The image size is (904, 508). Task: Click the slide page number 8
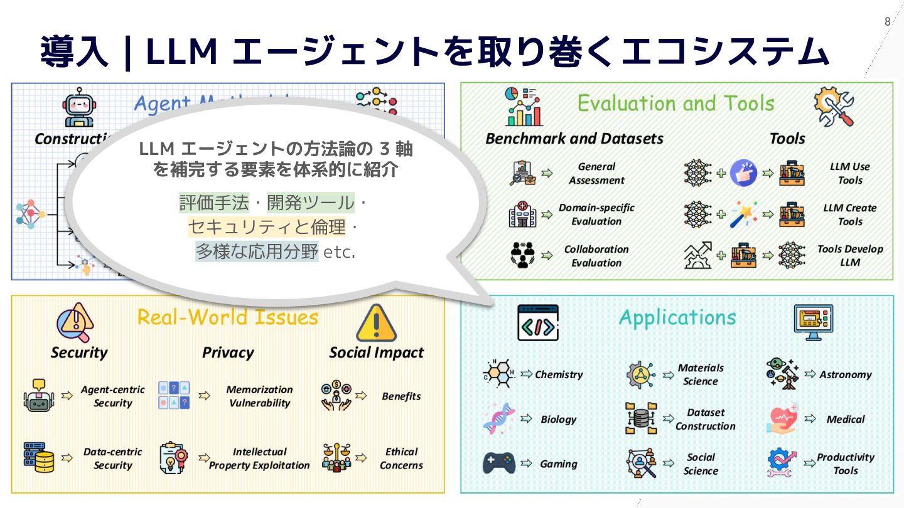887,22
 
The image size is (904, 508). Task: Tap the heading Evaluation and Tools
675,103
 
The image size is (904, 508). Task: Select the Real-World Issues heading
228,317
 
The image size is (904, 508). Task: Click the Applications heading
677,317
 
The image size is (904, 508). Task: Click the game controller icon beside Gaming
499,463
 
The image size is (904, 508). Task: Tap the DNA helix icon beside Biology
499,419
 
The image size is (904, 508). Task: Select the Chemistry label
559,374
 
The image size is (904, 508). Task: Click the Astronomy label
845,374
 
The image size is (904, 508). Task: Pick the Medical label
845,419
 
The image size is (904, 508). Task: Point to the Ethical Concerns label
401,458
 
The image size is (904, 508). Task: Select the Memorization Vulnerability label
259,396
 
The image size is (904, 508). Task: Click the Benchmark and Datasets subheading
574,139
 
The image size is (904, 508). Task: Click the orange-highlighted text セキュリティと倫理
267,226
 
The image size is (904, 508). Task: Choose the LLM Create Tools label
849,214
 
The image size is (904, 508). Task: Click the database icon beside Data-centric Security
38,457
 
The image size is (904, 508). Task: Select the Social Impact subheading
376,352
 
